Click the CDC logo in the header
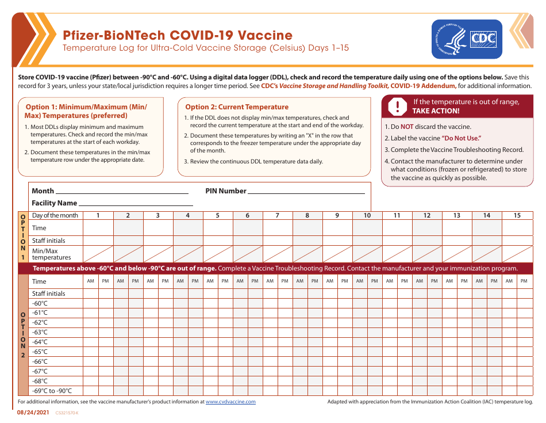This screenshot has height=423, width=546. (x=467, y=39)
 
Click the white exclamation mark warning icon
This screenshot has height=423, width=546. (x=397, y=106)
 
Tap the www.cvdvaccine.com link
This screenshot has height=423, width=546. (x=230, y=402)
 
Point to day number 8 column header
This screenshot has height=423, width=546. (x=307, y=215)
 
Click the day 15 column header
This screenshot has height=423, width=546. (x=517, y=215)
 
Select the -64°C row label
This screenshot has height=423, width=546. (x=40, y=342)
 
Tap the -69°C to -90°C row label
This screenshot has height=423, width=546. (x=52, y=391)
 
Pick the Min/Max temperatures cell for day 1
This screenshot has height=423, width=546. (x=98, y=254)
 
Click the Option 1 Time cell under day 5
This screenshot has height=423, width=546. (x=218, y=228)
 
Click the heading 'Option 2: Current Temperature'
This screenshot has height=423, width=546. (x=237, y=107)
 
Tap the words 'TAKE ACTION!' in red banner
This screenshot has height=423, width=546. (x=436, y=111)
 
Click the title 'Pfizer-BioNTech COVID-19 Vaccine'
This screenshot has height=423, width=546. (x=178, y=36)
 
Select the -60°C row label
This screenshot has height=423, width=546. (x=40, y=303)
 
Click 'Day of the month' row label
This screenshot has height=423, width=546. (x=55, y=215)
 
